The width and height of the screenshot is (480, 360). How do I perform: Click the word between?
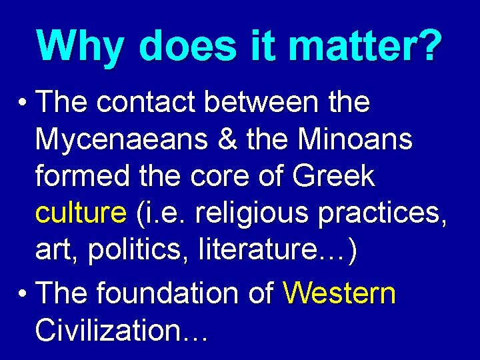261,103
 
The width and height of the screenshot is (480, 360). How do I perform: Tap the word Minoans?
355,140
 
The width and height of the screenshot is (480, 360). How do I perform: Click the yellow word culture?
81,215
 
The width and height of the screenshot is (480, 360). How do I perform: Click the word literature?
257,252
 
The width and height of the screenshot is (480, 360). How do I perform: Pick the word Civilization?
111,329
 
